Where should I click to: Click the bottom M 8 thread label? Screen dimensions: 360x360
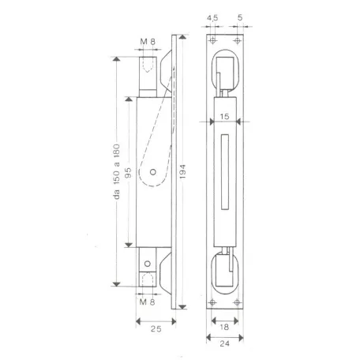coord(145,301)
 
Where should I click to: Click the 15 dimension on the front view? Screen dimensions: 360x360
coord(225,115)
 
